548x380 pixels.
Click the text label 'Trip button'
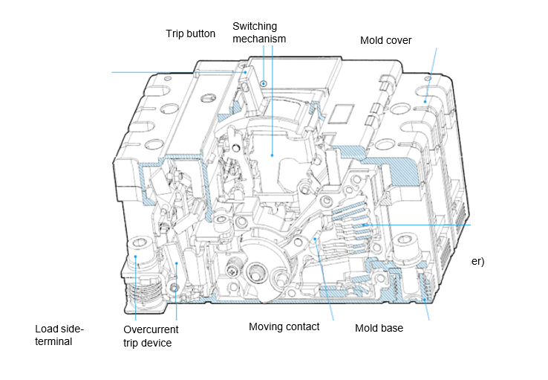(190, 33)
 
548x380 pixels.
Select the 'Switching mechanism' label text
(259, 33)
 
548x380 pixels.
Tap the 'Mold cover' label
(385, 40)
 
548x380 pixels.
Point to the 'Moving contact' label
(284, 326)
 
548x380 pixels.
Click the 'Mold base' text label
(379, 327)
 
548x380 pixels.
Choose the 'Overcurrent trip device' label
(151, 336)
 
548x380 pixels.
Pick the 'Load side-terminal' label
(60, 335)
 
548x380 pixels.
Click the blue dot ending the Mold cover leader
(425, 99)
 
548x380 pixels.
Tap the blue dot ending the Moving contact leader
(316, 239)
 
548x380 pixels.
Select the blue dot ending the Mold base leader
(425, 299)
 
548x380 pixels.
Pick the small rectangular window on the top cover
(342, 112)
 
